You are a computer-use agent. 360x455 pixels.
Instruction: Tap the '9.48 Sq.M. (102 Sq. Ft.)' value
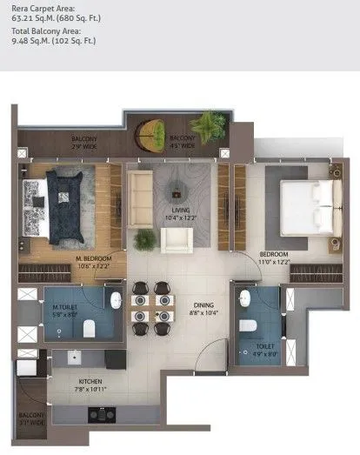tap(54, 41)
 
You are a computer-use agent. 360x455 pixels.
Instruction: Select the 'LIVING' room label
tap(180, 209)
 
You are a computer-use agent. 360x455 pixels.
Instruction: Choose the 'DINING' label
tap(203, 304)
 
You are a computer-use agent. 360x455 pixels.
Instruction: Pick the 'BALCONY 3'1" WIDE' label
tap(31, 418)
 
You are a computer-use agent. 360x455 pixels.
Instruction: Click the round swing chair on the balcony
tap(151, 133)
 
